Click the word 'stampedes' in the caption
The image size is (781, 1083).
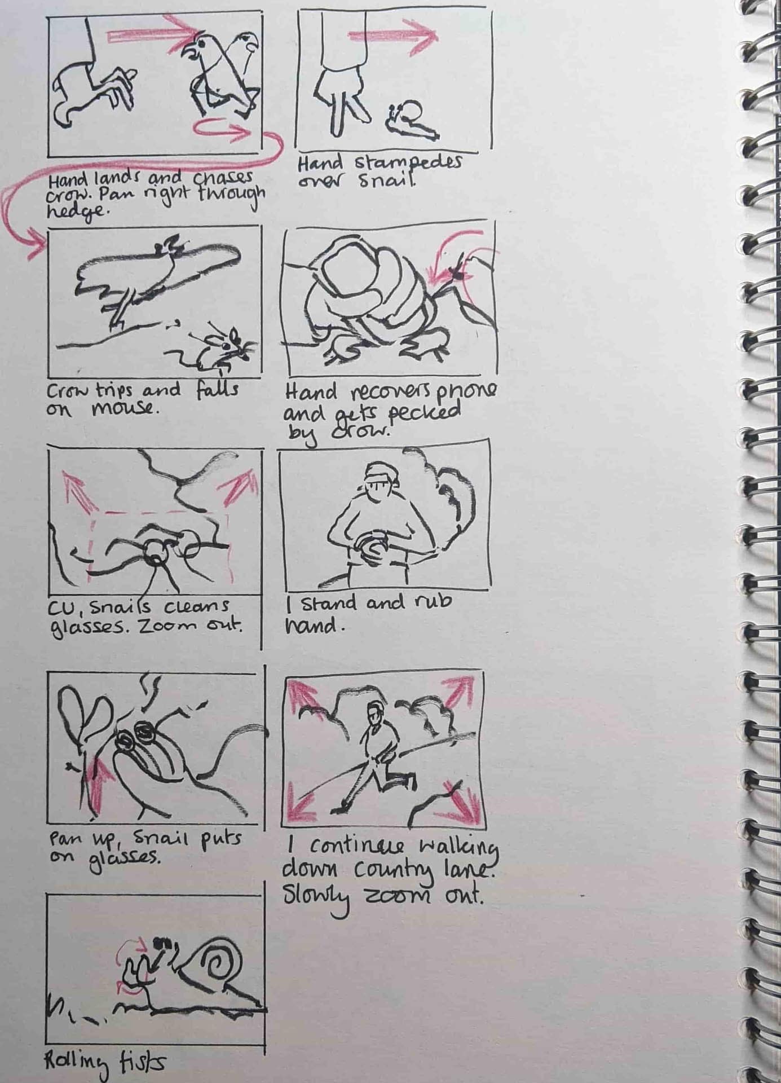[x=408, y=162]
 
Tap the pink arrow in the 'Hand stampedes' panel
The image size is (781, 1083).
[x=392, y=36]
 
